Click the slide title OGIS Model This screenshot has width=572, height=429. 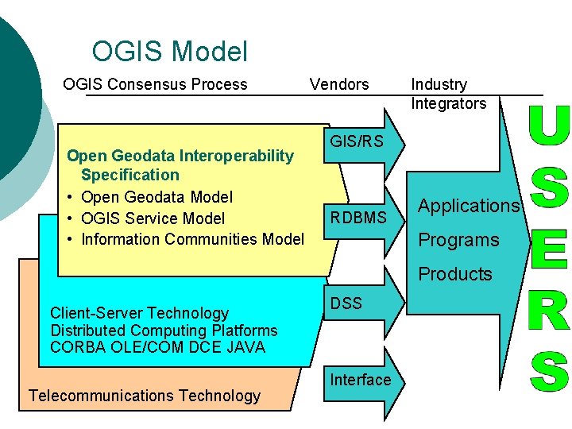169,52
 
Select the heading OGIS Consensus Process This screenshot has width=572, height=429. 155,84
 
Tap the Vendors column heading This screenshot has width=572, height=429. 339,84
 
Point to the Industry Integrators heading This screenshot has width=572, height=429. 448,94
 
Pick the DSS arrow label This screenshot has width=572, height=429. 346,303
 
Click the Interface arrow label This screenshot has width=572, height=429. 361,380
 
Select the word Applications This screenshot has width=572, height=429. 469,206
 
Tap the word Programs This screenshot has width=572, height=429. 458,240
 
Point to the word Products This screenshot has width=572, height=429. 455,274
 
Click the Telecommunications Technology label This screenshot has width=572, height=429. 145,396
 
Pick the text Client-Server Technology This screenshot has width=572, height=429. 139,313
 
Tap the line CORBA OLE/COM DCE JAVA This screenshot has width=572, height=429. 157,347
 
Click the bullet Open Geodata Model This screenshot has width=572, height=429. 157,197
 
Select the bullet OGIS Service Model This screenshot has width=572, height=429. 153,218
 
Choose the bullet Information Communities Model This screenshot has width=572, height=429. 192,239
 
